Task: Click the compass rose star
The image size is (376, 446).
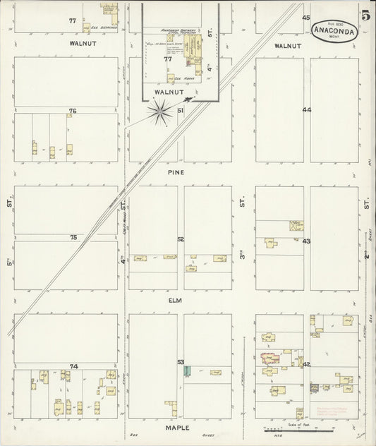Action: (162, 109)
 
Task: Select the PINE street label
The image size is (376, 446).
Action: (176, 171)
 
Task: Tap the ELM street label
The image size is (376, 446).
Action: (176, 300)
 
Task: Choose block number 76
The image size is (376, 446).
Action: (72, 111)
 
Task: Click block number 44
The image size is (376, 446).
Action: (306, 110)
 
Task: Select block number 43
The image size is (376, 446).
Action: (306, 241)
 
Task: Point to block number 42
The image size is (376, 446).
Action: (306, 364)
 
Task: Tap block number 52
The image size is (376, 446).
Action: (181, 240)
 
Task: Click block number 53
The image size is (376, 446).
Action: (181, 362)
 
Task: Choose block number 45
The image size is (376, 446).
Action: (306, 17)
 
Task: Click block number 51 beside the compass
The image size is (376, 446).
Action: (181, 111)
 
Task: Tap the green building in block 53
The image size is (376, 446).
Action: (186, 370)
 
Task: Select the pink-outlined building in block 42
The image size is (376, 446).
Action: (269, 358)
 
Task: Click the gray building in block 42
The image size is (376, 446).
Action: (315, 387)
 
